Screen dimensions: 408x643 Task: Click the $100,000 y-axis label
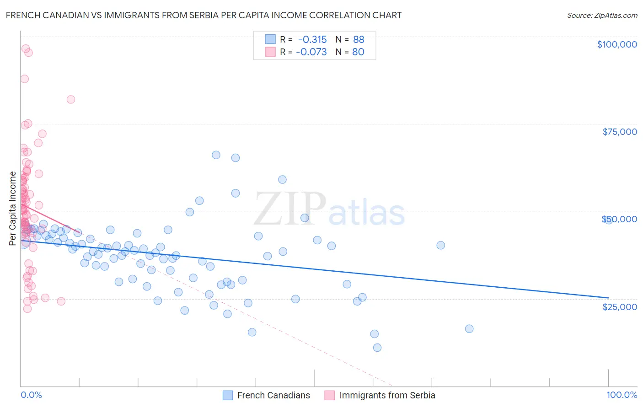[616, 44]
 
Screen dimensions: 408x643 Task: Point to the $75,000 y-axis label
[619, 132]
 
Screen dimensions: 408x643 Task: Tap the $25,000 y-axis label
[619, 306]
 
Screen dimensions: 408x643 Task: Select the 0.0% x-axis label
[31, 395]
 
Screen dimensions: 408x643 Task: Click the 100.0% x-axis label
[622, 395]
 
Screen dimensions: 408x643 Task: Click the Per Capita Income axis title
[13, 208]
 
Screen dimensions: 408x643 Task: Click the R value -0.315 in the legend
[311, 39]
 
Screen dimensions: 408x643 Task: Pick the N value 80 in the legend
[358, 52]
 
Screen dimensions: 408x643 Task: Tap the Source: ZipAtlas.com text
[602, 15]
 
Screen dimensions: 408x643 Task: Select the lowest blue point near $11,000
[377, 348]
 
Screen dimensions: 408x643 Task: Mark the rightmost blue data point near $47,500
[608, 220]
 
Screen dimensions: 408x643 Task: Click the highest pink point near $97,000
[26, 48]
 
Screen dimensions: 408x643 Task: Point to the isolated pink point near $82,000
[70, 99]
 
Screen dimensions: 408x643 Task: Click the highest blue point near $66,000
[216, 155]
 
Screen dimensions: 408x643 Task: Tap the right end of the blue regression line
[608, 298]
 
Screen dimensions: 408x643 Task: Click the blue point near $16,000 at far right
[469, 329]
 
